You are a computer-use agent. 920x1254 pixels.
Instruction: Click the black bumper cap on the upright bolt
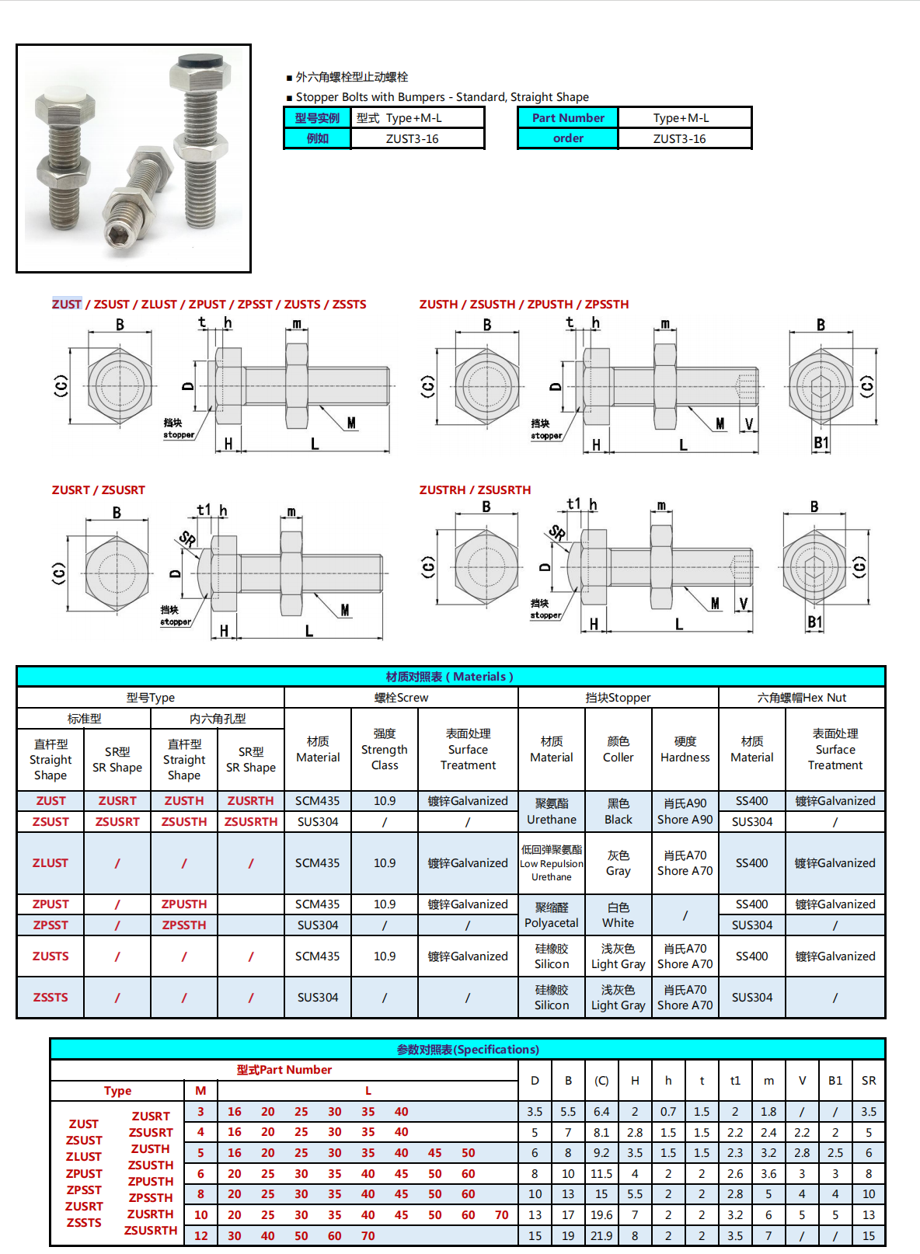pos(200,61)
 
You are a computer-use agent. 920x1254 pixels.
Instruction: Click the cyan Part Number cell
pos(568,118)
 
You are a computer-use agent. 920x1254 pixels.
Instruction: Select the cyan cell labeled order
pos(568,138)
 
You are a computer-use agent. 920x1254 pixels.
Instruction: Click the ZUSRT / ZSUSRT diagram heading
pos(99,490)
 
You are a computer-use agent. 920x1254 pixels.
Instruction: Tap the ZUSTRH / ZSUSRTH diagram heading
pos(476,490)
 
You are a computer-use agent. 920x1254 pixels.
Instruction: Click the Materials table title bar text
pos(450,677)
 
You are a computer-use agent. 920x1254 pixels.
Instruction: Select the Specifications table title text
pos(468,1050)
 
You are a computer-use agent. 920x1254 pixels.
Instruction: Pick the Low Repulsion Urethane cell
pos(552,863)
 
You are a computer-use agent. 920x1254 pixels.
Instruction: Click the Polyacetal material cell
pos(552,915)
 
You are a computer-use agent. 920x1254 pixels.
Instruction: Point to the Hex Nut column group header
pos(802,698)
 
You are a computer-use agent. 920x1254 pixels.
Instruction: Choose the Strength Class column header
pos(385,750)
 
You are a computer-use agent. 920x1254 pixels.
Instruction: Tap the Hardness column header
pos(685,750)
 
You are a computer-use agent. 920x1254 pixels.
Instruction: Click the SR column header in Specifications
pos(869,1081)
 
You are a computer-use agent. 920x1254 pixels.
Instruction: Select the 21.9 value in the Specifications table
pos(601,1235)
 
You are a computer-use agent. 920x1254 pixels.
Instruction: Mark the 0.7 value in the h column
pos(668,1112)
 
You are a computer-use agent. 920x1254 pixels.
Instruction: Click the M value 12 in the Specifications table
pos(201,1235)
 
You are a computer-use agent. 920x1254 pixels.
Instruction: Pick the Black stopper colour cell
pos(619,811)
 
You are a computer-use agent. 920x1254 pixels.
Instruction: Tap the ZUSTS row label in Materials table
pos(51,956)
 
